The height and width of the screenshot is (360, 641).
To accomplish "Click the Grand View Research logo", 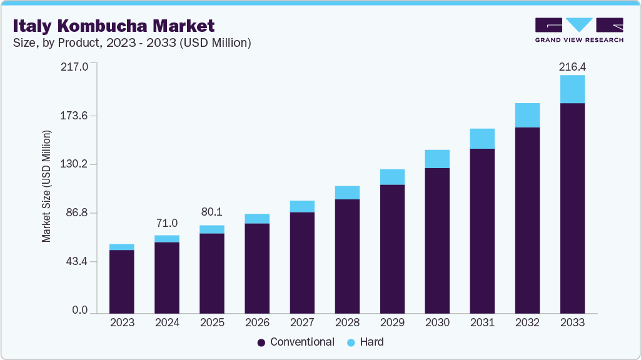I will tap(578, 29).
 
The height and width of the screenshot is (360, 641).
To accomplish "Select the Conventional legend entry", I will tap(295, 342).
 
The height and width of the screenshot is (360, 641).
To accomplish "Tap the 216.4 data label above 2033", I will tap(572, 66).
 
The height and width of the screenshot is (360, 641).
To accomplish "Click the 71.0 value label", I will tap(167, 223).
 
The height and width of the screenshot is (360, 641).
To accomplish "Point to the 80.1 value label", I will tap(212, 212).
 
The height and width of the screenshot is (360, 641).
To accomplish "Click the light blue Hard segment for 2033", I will tap(572, 89).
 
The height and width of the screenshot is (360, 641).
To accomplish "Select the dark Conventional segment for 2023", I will tap(122, 281).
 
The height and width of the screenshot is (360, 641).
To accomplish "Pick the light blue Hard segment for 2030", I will tap(437, 159).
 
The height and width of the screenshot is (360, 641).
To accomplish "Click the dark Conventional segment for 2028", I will tap(347, 256).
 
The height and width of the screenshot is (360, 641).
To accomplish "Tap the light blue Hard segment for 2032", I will tap(527, 115).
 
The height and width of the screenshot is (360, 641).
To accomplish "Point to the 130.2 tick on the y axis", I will tap(74, 164).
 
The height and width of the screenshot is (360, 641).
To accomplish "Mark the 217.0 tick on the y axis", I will tap(74, 66).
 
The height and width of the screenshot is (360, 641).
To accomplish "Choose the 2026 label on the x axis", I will tap(257, 322).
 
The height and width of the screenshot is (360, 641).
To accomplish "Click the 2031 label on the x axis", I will tap(482, 322).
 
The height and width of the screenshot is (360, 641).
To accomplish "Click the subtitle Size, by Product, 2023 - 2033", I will tap(132, 42).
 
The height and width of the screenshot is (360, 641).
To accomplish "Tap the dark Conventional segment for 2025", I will tap(212, 272).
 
